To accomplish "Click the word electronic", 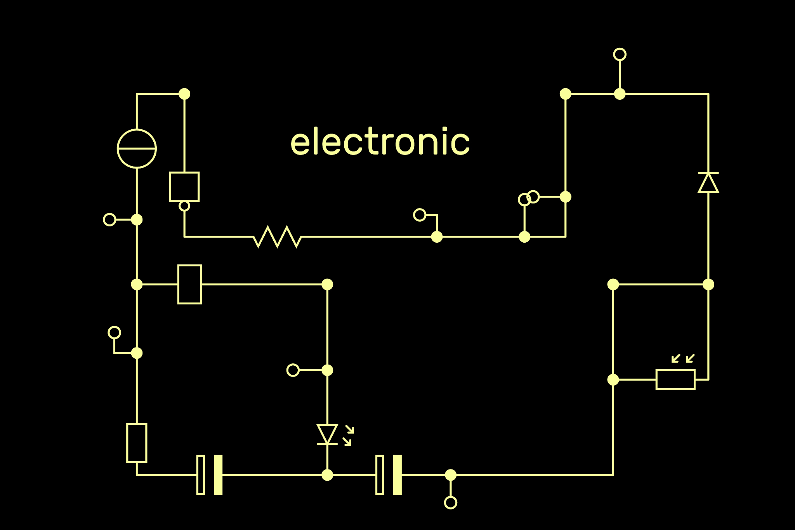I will [380, 142].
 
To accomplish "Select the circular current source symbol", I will [137, 148].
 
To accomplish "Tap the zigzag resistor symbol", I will [277, 236].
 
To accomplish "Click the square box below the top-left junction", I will [184, 187].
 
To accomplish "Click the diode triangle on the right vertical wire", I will [708, 182].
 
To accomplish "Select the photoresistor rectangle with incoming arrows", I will [675, 380].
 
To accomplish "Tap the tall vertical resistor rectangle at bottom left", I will [137, 443].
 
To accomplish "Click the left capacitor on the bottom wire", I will [210, 475].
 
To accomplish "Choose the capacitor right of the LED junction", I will [389, 475].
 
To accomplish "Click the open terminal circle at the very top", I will [620, 54].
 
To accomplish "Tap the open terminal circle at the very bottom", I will [450, 502].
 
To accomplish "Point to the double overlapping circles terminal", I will [529, 198].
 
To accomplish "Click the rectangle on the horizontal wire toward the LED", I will [189, 284].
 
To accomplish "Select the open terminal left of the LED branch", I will [293, 370].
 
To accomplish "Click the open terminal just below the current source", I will [109, 220].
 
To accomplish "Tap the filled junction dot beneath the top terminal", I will [620, 94].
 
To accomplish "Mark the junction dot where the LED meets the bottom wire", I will [327, 475].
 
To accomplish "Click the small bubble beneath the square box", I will [184, 206].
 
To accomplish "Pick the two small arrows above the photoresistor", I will [683, 358].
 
